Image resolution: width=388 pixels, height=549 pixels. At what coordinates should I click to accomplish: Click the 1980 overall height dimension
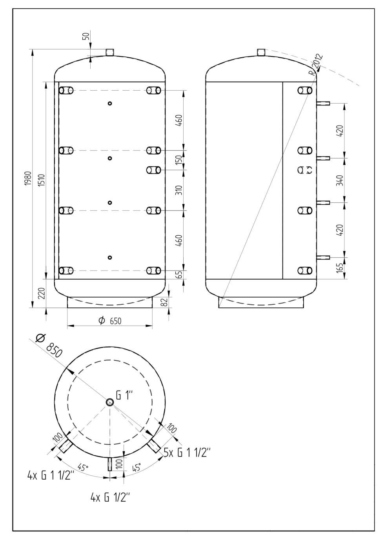(x=29, y=178)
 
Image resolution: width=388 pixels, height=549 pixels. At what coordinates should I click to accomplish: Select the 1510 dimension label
(x=42, y=180)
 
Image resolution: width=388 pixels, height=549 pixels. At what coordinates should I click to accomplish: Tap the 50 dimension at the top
(x=86, y=36)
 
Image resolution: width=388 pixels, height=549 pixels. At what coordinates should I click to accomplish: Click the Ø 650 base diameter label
(x=109, y=321)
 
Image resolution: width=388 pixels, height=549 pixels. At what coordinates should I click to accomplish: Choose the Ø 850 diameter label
(x=49, y=346)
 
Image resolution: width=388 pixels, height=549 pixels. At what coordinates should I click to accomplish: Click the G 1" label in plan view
(x=124, y=395)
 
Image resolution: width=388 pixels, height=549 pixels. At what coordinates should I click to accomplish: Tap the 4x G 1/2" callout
(x=110, y=498)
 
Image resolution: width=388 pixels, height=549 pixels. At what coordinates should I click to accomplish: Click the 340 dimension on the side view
(x=340, y=180)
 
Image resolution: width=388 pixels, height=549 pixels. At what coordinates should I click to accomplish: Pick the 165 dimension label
(x=340, y=268)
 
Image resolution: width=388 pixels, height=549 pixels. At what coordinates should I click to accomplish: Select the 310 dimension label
(x=180, y=190)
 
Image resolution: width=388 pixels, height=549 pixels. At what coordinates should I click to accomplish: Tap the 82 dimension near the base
(x=165, y=302)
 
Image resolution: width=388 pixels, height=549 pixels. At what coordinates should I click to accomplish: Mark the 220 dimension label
(x=42, y=293)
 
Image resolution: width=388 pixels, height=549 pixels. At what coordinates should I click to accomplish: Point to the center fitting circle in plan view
(x=109, y=402)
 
